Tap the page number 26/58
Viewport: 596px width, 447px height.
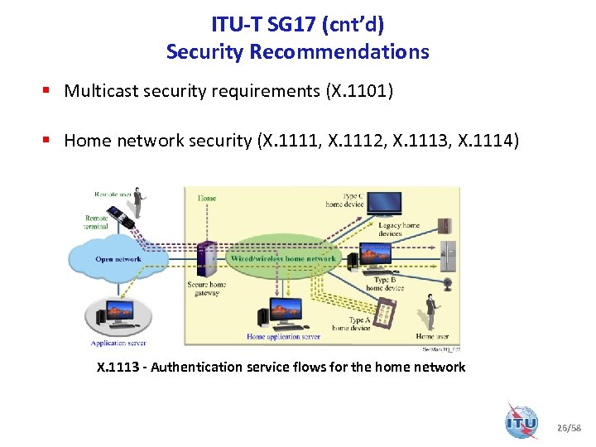tap(570, 427)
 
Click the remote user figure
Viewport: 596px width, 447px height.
tap(138, 203)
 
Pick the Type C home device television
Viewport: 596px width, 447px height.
tap(384, 204)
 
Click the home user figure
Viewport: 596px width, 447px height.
tap(430, 312)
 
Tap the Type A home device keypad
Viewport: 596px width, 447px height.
tap(385, 313)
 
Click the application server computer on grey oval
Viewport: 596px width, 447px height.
tap(118, 315)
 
